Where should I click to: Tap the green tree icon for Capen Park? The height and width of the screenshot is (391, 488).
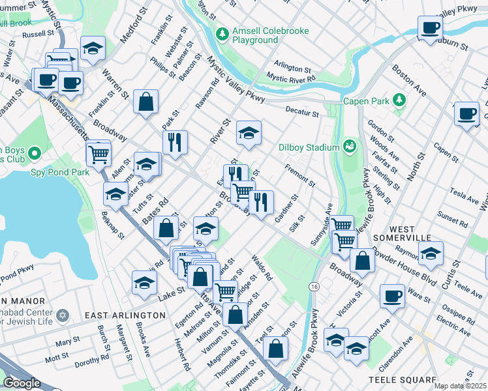tap(397, 100)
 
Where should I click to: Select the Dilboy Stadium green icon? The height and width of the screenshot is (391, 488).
tap(349, 145)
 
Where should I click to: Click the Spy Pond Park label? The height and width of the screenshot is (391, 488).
tap(59, 173)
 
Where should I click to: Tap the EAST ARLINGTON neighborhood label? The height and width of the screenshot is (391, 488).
tap(125, 315)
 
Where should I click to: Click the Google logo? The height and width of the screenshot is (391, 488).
tap(22, 383)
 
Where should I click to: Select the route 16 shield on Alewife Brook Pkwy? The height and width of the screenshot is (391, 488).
tap(314, 287)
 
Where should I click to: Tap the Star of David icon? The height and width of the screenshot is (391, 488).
tap(63, 315)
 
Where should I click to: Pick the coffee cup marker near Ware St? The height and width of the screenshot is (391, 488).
tap(391, 295)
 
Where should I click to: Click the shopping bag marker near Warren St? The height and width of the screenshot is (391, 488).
tap(145, 101)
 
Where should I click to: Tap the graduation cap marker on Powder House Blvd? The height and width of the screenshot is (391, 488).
tap(431, 252)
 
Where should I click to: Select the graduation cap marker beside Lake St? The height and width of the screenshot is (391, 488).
tap(144, 282)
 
